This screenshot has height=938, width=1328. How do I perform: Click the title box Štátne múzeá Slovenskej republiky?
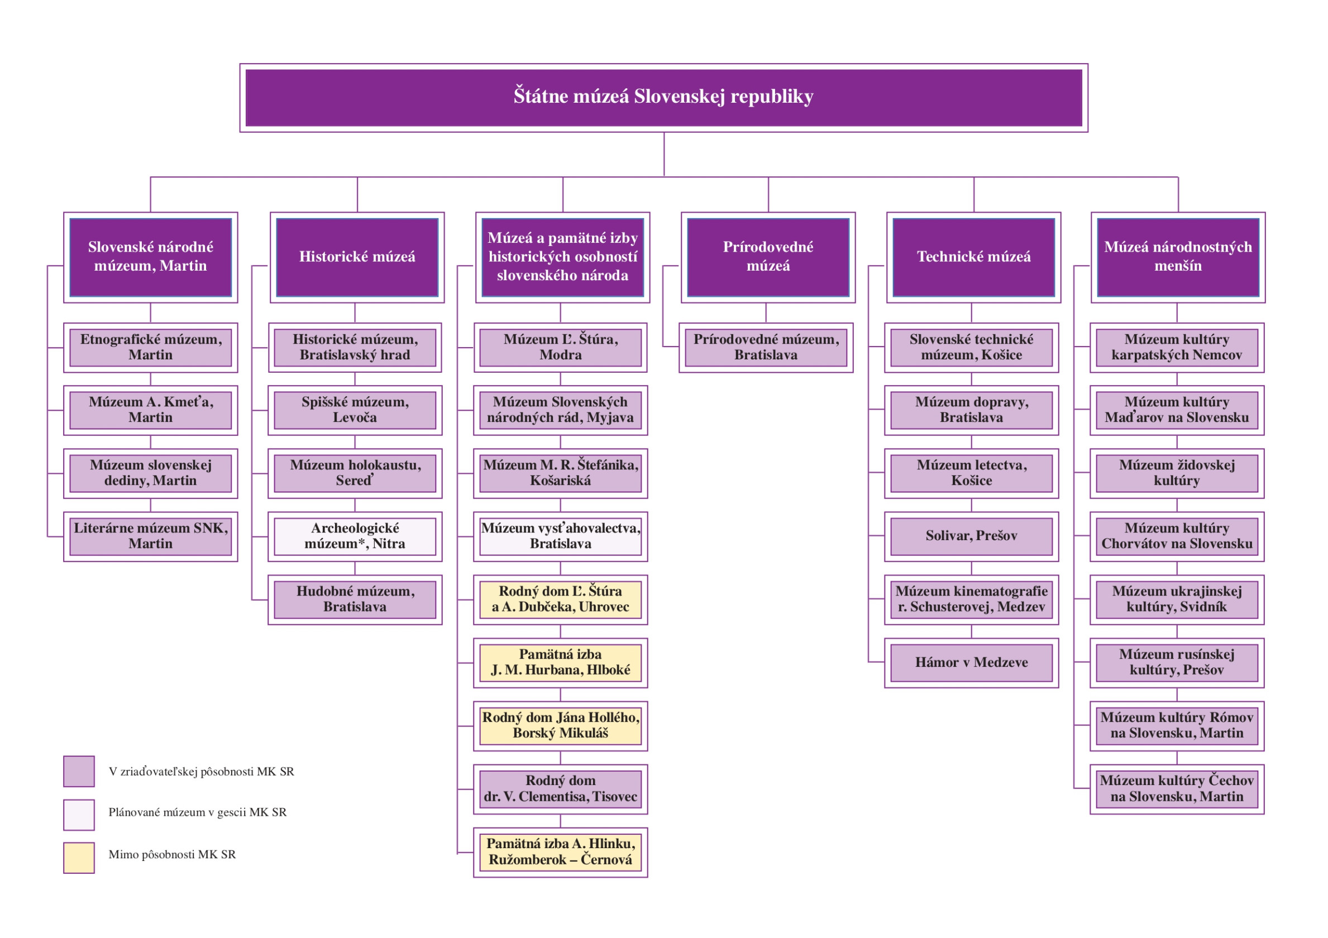[663, 97]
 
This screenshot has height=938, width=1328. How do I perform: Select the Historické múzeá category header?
[357, 257]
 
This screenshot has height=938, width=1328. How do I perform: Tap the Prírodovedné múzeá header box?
[767, 257]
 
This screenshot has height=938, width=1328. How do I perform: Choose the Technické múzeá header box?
[973, 257]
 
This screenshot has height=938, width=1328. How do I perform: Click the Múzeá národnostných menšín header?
[1178, 257]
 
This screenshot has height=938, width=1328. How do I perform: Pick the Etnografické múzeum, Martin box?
[150, 347]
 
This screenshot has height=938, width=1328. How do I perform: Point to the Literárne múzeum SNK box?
[150, 536]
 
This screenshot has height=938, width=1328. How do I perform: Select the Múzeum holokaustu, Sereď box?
[355, 473]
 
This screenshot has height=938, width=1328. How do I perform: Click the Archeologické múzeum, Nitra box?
[355, 536]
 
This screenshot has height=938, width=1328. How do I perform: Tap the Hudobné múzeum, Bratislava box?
[355, 599]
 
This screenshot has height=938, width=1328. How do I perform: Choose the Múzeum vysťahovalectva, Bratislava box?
[560, 536]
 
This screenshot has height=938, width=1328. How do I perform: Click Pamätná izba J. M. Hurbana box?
[560, 662]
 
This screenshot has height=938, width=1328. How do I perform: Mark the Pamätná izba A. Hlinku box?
[560, 852]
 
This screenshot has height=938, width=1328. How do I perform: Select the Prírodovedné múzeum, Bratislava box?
[765, 347]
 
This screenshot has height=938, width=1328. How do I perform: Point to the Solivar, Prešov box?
[971, 536]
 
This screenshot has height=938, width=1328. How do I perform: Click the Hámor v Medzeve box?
[971, 662]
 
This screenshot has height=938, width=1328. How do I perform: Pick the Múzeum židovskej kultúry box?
[1177, 473]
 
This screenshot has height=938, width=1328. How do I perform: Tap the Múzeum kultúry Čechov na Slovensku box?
[1177, 789]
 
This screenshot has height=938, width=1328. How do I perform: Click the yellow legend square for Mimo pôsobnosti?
[79, 858]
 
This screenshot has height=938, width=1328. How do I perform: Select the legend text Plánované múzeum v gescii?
[197, 812]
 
